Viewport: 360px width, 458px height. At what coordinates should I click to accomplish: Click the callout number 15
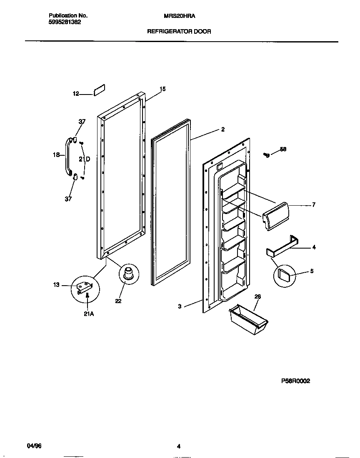click(x=162, y=89)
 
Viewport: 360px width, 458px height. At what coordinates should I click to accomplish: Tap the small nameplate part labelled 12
click(x=99, y=90)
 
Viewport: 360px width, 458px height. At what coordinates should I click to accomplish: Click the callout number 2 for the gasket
click(x=223, y=129)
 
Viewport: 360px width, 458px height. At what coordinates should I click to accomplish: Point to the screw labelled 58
click(x=266, y=155)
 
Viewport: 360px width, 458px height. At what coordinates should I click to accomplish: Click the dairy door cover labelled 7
click(x=275, y=215)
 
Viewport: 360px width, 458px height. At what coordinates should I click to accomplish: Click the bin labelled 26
click(x=248, y=319)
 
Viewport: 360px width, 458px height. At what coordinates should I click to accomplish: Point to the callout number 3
click(x=180, y=306)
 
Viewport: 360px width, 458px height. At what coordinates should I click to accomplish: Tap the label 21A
click(x=88, y=314)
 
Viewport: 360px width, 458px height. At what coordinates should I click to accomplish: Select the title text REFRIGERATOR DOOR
click(x=179, y=31)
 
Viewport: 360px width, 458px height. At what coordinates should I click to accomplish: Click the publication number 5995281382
click(x=62, y=22)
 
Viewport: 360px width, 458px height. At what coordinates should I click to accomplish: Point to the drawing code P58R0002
click(x=295, y=381)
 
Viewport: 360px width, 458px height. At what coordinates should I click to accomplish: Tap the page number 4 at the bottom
click(x=178, y=447)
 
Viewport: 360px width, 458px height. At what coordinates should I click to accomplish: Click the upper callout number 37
click(x=82, y=122)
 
